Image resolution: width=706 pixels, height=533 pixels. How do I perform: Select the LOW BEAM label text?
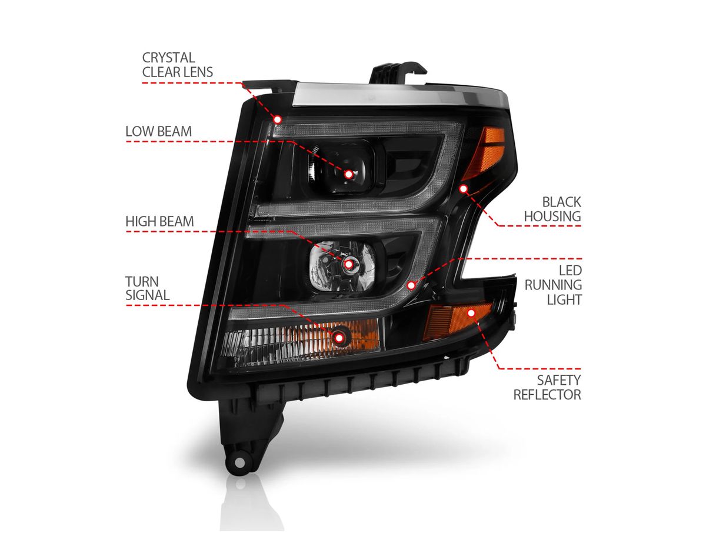coord(158,131)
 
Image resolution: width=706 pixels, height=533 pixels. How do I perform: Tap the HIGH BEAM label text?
coord(159,222)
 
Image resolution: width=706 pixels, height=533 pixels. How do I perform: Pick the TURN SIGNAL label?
coord(147,288)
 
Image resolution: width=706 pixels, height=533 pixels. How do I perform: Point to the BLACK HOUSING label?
coord(552,209)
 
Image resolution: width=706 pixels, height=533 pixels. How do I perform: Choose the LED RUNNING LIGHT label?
coord(554,285)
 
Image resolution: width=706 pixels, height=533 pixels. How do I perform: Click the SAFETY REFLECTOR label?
coord(547,387)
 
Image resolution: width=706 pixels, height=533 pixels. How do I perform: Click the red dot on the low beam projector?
coord(348,174)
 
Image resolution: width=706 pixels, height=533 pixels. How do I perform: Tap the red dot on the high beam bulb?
coord(349,265)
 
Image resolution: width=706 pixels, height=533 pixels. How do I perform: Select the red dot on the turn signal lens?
coord(339,337)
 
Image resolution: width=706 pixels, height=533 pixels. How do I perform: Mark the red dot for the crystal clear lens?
coord(278,119)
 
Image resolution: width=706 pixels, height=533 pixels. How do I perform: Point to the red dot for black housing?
coord(463,189)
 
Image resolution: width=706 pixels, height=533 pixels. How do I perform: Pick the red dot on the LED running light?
coord(411,285)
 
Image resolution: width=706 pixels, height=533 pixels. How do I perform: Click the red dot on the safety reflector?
coord(471,312)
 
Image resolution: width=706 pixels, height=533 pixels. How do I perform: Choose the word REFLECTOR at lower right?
coord(547,394)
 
